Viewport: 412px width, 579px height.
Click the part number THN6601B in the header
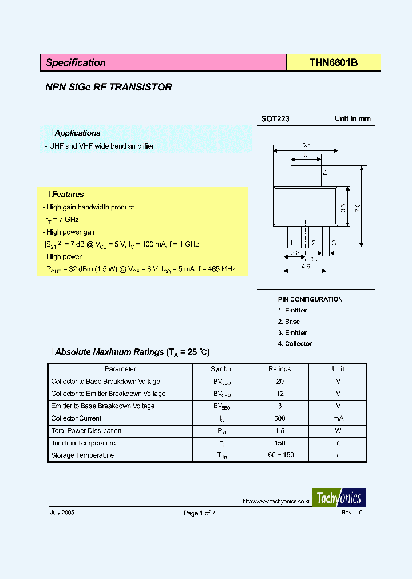coord(334,63)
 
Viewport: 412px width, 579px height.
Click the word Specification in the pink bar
coord(76,63)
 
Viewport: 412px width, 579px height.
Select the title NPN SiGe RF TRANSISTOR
coord(109,88)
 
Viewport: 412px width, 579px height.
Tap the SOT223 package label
coord(275,119)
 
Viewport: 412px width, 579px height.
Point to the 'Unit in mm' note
coord(352,119)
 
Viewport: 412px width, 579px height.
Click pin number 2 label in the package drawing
coord(314,243)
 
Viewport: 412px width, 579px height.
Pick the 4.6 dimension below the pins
coord(306,267)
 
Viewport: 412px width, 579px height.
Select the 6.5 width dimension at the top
coord(307,145)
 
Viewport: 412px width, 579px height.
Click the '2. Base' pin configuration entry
coord(289,322)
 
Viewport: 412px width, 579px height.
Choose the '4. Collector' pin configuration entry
coord(295,344)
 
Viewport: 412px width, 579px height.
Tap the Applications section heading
coord(77,133)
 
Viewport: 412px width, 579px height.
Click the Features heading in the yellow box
coord(68,195)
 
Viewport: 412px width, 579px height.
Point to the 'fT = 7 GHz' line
coord(62,220)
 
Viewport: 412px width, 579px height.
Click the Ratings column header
coord(280,370)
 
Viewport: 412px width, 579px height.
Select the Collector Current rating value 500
coord(280,419)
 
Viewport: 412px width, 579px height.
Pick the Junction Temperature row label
coord(83,443)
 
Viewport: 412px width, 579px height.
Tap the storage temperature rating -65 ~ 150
coord(280,455)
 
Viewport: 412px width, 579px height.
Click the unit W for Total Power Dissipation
coord(338,431)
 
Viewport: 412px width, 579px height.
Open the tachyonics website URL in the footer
coord(276,502)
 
